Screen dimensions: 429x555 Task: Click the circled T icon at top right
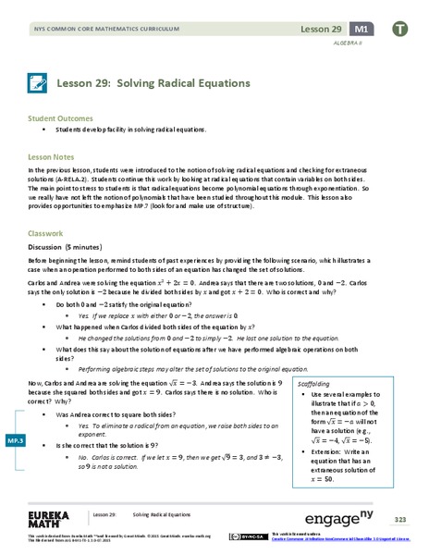[400, 30]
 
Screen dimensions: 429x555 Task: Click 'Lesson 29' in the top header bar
[320, 30]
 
